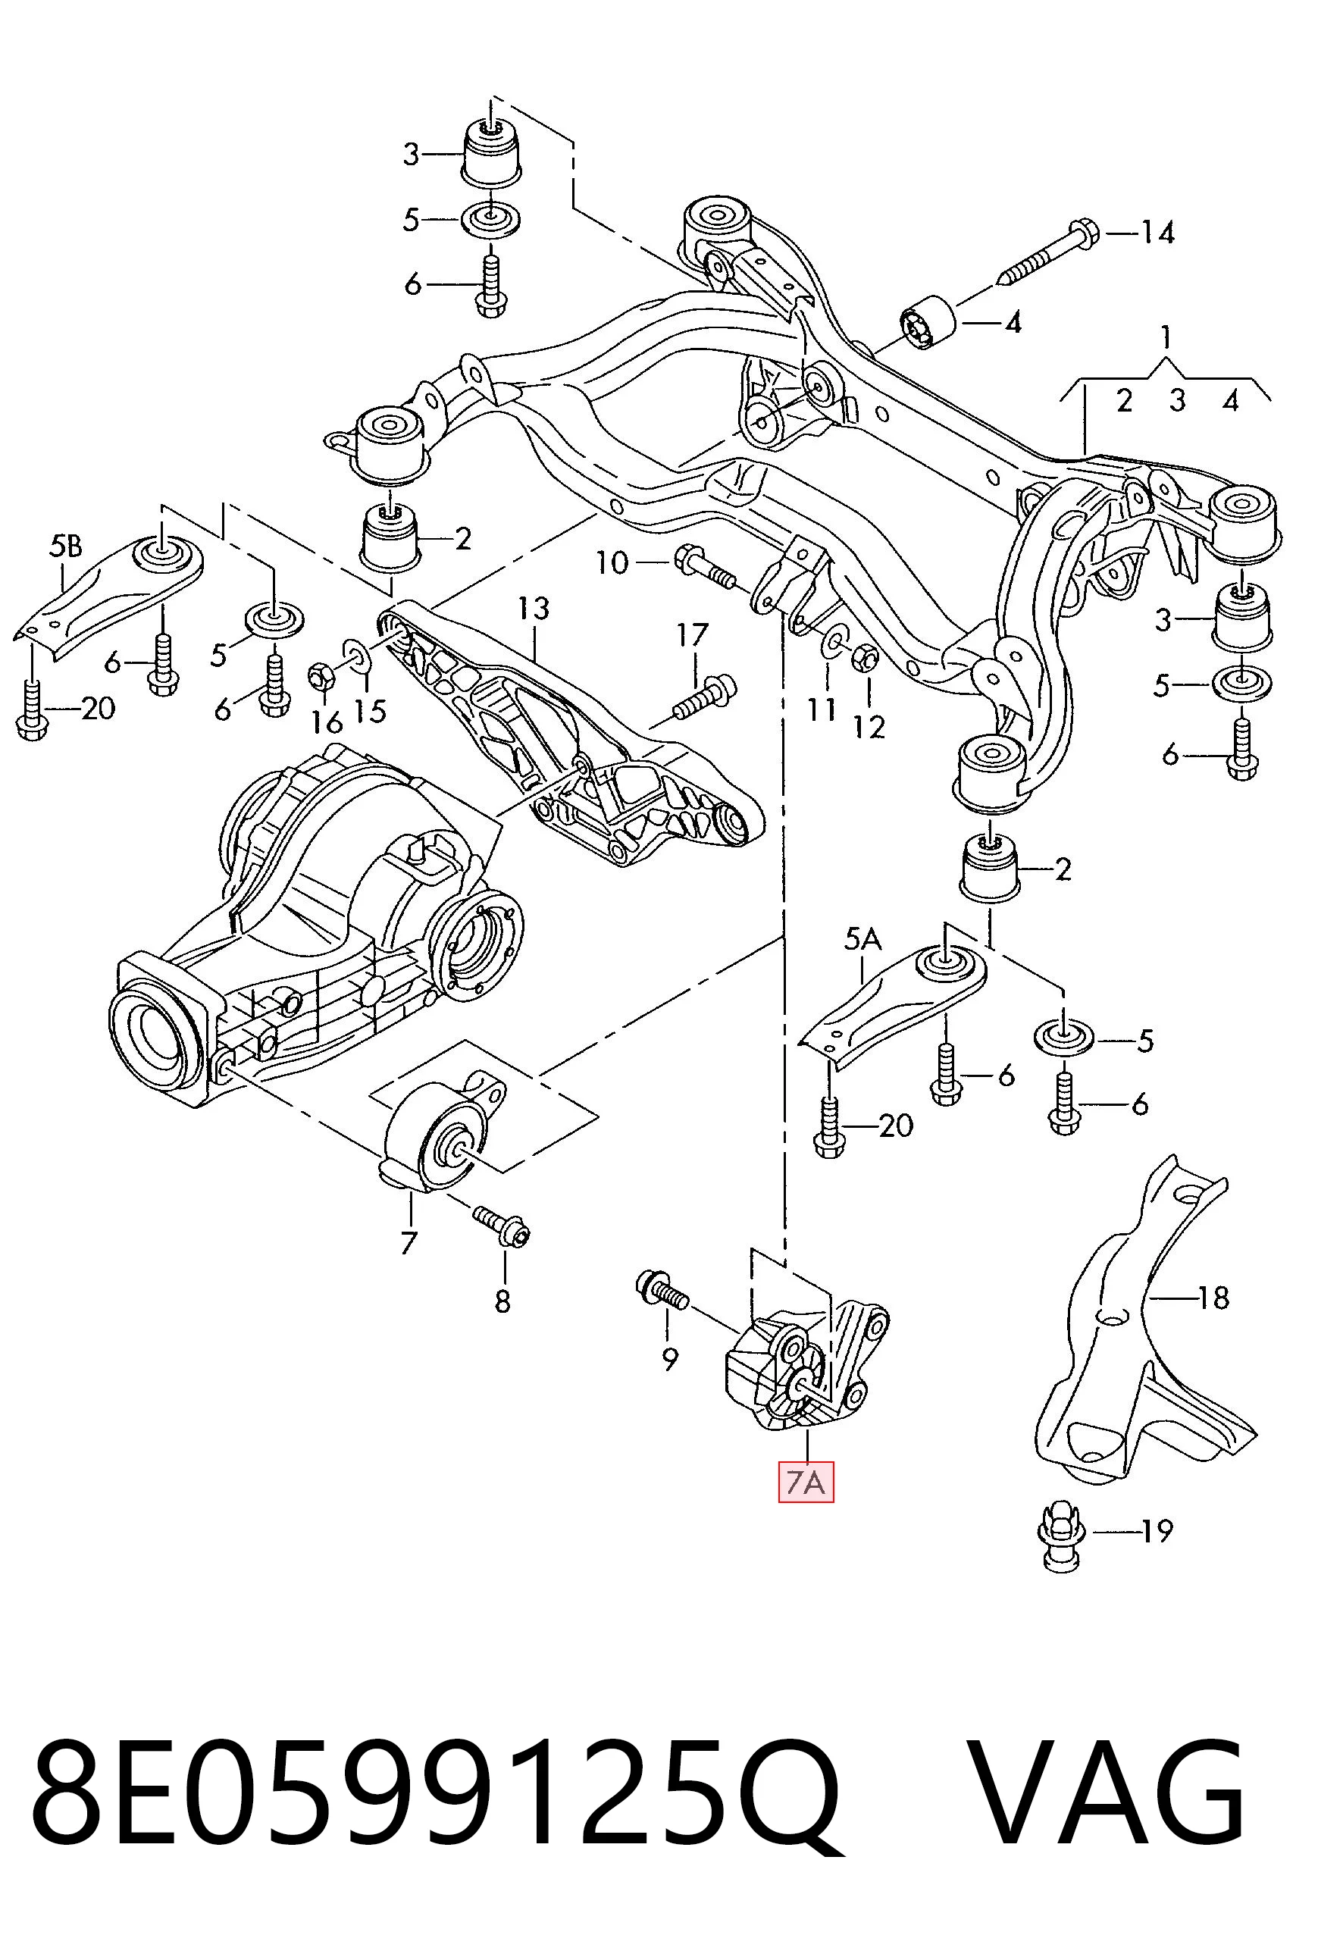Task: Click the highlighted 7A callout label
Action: (x=806, y=1482)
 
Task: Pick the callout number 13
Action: (x=534, y=608)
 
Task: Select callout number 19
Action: (x=1156, y=1530)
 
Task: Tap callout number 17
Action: (x=692, y=634)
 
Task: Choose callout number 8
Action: (x=502, y=1301)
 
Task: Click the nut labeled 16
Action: (x=323, y=675)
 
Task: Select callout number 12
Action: (x=869, y=727)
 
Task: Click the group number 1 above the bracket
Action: (x=1166, y=338)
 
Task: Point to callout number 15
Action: (x=370, y=712)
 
